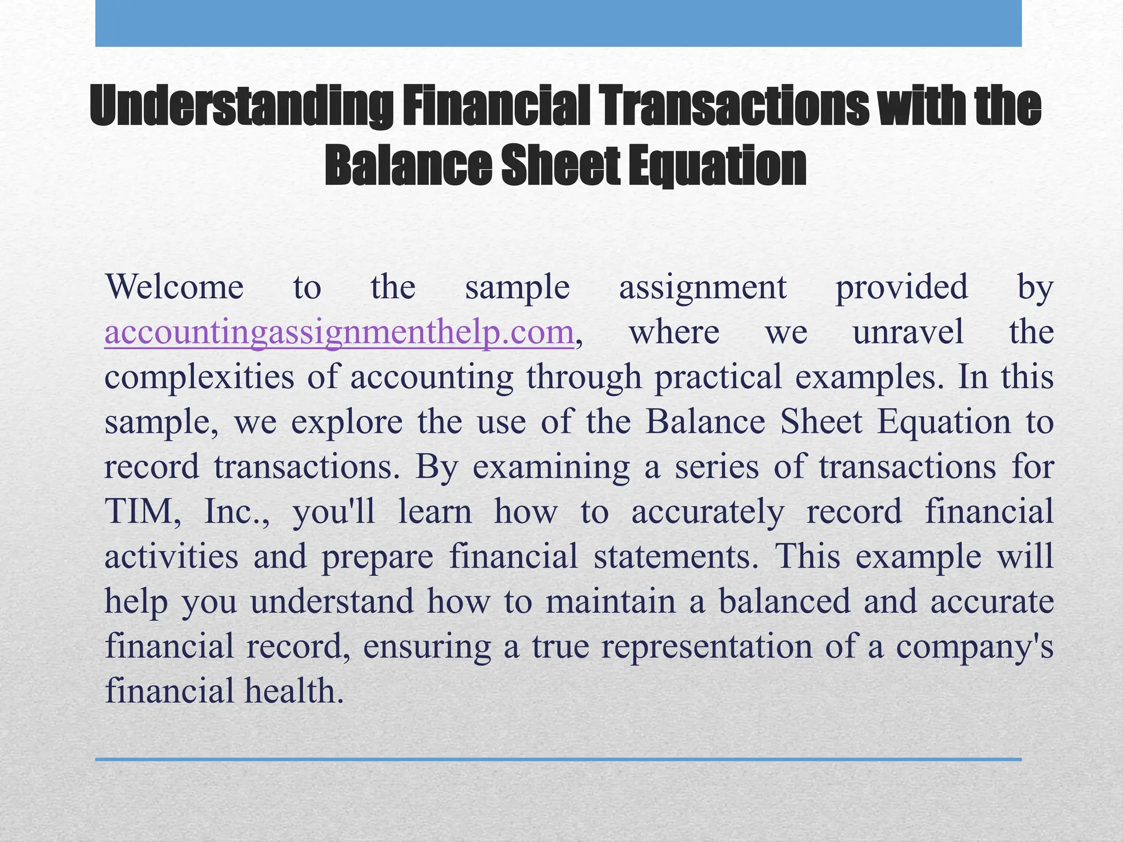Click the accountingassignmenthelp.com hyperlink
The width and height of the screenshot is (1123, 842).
tap(339, 333)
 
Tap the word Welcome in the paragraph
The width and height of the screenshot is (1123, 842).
tap(174, 287)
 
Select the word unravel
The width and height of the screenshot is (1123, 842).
tap(908, 333)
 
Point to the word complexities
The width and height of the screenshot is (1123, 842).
tap(200, 378)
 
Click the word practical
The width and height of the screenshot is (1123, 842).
tap(718, 378)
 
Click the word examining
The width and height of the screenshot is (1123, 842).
tap(551, 467)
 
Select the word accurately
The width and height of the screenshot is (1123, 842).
tap(708, 512)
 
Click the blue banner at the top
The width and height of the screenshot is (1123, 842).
tap(558, 23)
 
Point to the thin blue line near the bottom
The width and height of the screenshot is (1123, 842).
tap(558, 759)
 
